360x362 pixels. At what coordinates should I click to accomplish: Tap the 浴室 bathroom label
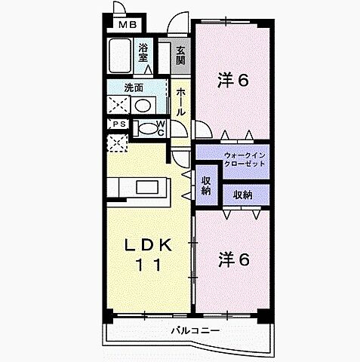pyautogui.click(x=144, y=53)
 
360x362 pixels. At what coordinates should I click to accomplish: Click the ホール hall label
pyautogui.click(x=181, y=101)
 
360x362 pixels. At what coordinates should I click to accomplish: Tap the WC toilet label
pyautogui.click(x=161, y=128)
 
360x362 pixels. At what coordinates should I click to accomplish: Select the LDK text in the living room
pyautogui.click(x=149, y=246)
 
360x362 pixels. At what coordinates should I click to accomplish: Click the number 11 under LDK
pyautogui.click(x=149, y=264)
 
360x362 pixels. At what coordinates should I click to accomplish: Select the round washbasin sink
pyautogui.click(x=141, y=106)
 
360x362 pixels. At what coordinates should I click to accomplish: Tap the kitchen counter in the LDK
pyautogui.click(x=140, y=186)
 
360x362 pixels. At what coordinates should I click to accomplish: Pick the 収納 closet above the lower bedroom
pyautogui.click(x=242, y=195)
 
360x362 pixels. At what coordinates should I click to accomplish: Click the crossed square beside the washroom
pyautogui.click(x=117, y=105)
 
